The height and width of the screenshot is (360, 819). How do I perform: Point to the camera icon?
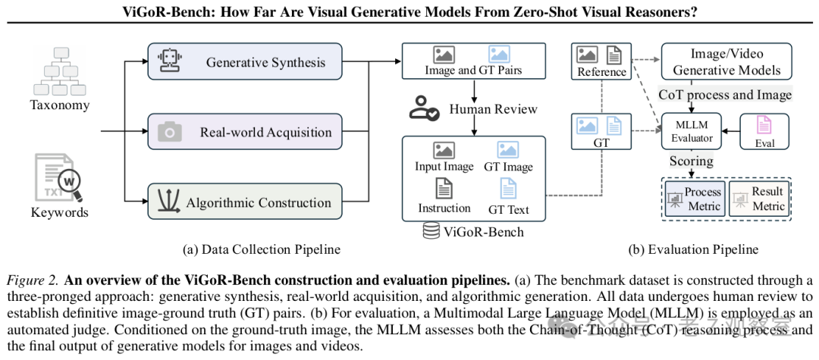[x=170, y=133]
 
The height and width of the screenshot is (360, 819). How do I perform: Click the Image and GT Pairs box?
[x=473, y=61]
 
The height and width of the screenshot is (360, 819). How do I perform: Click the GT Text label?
[x=508, y=209]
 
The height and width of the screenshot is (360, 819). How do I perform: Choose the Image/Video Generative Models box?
[x=726, y=61]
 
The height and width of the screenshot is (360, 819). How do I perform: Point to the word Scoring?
[x=691, y=161]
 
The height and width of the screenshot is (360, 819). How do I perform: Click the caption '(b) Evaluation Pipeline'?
[x=692, y=249]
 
